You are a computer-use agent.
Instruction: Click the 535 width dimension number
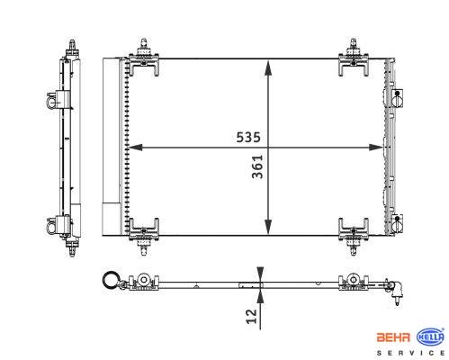coord(248,137)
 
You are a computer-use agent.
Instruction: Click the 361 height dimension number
coord(257,166)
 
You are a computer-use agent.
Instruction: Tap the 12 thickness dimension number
coord(252,317)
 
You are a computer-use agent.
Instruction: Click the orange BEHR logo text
coord(393,337)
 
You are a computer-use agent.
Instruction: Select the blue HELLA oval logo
coord(431,337)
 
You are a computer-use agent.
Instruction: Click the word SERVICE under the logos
coord(410,353)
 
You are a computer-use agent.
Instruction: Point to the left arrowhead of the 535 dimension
coord(135,148)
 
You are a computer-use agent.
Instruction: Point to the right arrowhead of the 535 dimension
coord(376,148)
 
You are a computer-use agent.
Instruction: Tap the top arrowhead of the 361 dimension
coord(268,67)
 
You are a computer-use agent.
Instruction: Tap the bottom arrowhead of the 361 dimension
coord(268,227)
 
